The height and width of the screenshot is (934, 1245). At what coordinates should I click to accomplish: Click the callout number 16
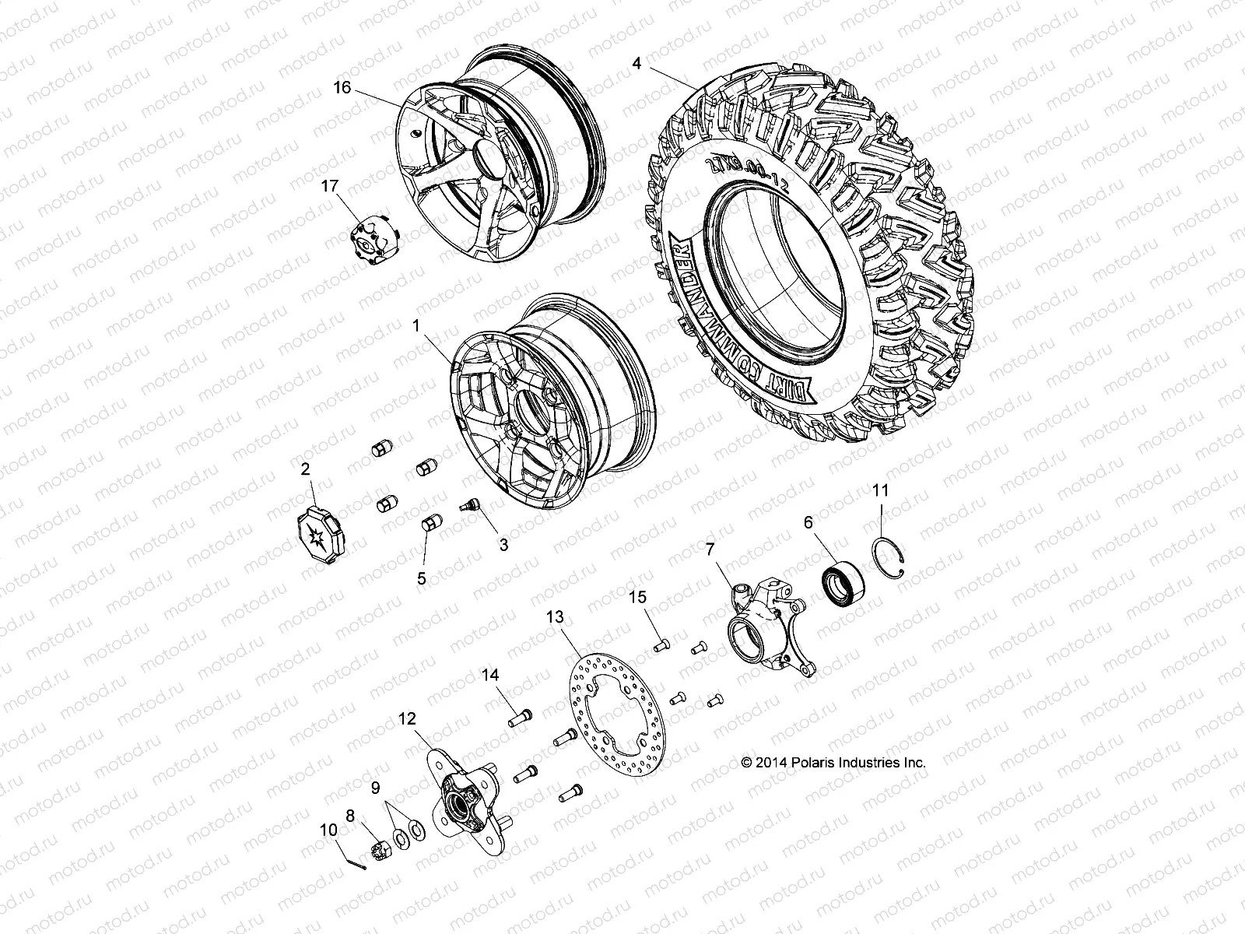pyautogui.click(x=342, y=88)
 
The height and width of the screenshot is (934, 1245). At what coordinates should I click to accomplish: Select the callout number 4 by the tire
pyautogui.click(x=637, y=64)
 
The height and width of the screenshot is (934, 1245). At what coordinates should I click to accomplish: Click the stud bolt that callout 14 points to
pyautogui.click(x=520, y=720)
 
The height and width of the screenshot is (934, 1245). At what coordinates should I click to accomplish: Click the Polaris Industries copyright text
pyautogui.click(x=833, y=763)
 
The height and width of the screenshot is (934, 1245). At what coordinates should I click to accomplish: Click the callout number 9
pyautogui.click(x=375, y=788)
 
